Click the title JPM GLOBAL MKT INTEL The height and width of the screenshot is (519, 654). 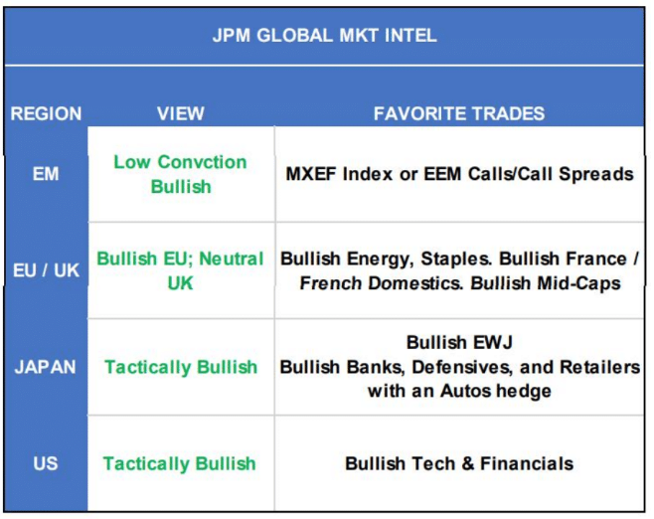pyautogui.click(x=324, y=35)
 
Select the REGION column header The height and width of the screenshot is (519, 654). pyautogui.click(x=46, y=113)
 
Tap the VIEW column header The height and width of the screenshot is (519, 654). pyautogui.click(x=181, y=113)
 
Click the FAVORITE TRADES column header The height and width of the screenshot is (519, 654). pyautogui.click(x=459, y=113)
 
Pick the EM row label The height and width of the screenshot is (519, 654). pyautogui.click(x=46, y=174)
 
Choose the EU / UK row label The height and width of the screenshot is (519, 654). pyautogui.click(x=46, y=270)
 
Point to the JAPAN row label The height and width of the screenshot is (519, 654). pyautogui.click(x=46, y=367)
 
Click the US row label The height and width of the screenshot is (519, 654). pyautogui.click(x=46, y=463)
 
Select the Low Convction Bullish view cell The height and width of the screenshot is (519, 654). pyautogui.click(x=181, y=174)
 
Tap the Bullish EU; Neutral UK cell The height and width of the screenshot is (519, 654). pyautogui.click(x=180, y=270)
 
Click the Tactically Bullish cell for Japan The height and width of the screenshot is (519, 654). pyautogui.click(x=181, y=368)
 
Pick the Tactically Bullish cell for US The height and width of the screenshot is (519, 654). pyautogui.click(x=180, y=464)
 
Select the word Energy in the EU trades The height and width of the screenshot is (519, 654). pyautogui.click(x=380, y=259)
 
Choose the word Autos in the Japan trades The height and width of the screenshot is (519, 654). pyautogui.click(x=466, y=392)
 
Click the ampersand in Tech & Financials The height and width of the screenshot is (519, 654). pyautogui.click(x=468, y=463)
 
